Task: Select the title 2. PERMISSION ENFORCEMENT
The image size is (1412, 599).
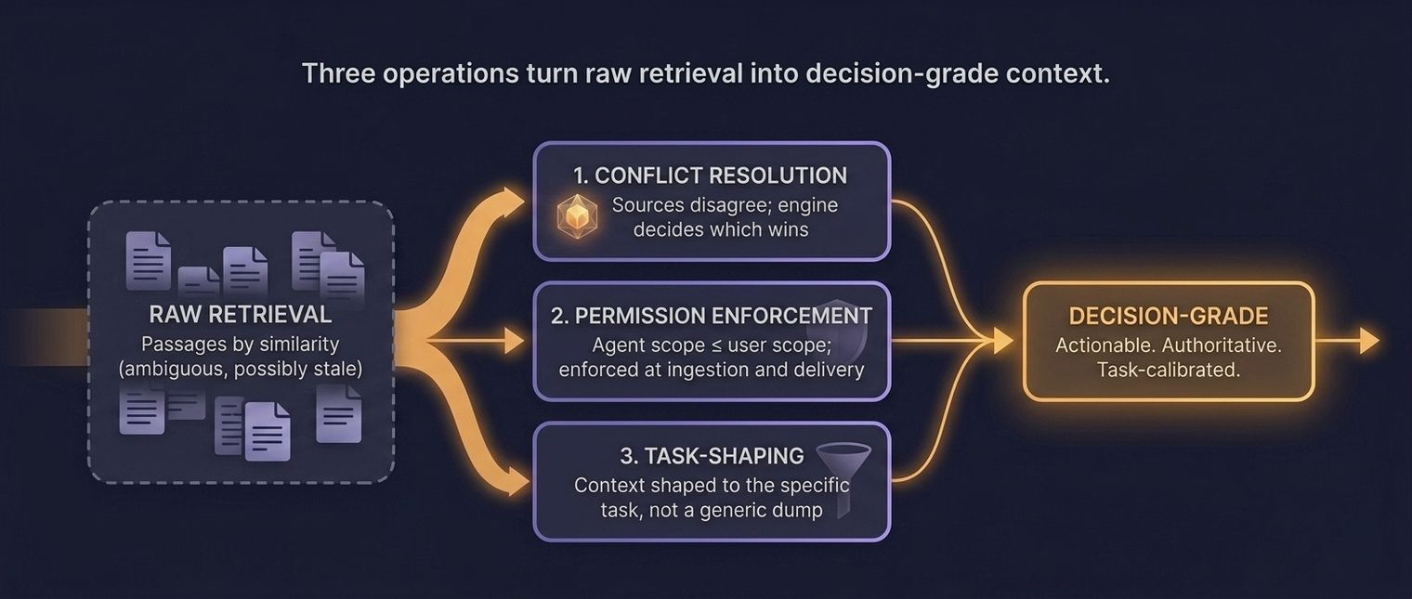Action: point(712,316)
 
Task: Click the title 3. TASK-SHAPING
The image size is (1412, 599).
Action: point(712,456)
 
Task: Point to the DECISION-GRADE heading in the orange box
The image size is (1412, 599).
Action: point(1169,316)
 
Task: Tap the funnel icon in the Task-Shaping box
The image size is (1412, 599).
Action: point(843,474)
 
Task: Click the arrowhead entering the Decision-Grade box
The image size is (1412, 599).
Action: point(1003,342)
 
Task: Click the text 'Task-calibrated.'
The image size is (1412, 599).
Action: point(1169,370)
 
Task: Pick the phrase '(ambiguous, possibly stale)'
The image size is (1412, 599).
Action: point(240,368)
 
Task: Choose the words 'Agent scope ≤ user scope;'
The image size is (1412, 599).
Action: point(712,345)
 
